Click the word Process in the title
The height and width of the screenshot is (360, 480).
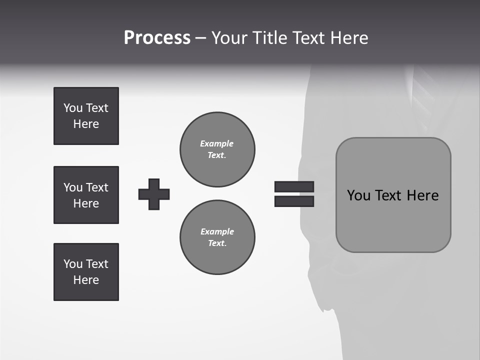[x=157, y=38]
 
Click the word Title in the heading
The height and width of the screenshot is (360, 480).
[x=268, y=38]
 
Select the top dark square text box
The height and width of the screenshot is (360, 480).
[x=86, y=116]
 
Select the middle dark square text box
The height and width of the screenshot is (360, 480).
[x=86, y=195]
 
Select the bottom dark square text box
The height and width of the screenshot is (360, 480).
[x=86, y=272]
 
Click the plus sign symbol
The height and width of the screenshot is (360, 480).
[x=154, y=194]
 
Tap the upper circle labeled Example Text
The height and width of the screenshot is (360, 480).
[x=217, y=149]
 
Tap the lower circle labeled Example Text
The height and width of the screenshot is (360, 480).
[x=217, y=237]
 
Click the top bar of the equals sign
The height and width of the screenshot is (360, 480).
[x=294, y=186]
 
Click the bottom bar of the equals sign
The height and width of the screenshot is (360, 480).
[x=294, y=201]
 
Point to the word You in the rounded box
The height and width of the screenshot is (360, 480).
[x=359, y=195]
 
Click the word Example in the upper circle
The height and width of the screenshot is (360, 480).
[x=216, y=143]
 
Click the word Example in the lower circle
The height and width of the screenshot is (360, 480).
[x=217, y=231]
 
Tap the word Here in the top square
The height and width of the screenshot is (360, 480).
[x=86, y=124]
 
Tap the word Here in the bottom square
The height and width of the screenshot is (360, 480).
[x=86, y=280]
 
